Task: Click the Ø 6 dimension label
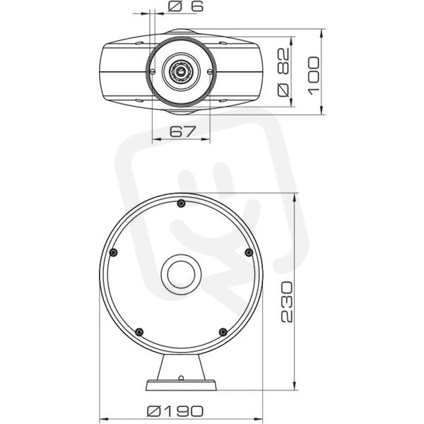point(185,6)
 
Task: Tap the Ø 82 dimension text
point(283,72)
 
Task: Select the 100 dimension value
point(314,76)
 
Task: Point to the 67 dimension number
point(182,131)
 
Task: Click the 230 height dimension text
point(287,302)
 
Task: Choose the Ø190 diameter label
point(175,411)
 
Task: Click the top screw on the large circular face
point(181,203)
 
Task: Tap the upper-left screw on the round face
point(114,252)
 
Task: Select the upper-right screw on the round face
point(249,252)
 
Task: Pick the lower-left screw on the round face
point(139,332)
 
